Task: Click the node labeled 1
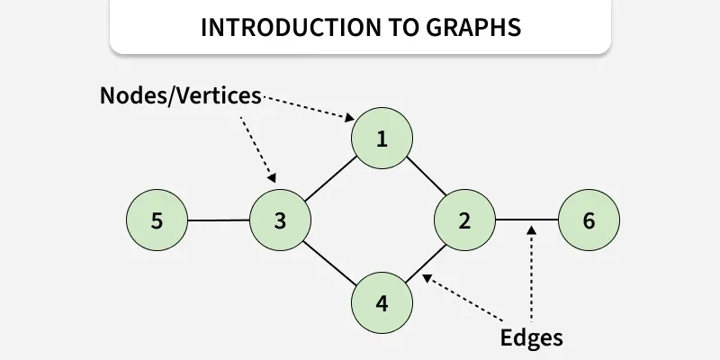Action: [x=382, y=139]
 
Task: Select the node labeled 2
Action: [x=464, y=220]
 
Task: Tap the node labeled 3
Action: [x=280, y=220]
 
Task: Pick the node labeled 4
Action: [x=382, y=302]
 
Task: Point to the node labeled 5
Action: [x=157, y=220]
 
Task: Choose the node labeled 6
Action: [x=589, y=220]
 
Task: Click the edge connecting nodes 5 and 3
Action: [x=218, y=220]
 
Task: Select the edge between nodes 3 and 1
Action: [x=331, y=179]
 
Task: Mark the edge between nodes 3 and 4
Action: [x=330, y=261]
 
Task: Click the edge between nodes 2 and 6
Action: [x=526, y=220]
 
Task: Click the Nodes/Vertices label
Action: [x=181, y=95]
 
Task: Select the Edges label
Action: [x=531, y=337]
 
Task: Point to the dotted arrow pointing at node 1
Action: [x=306, y=106]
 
